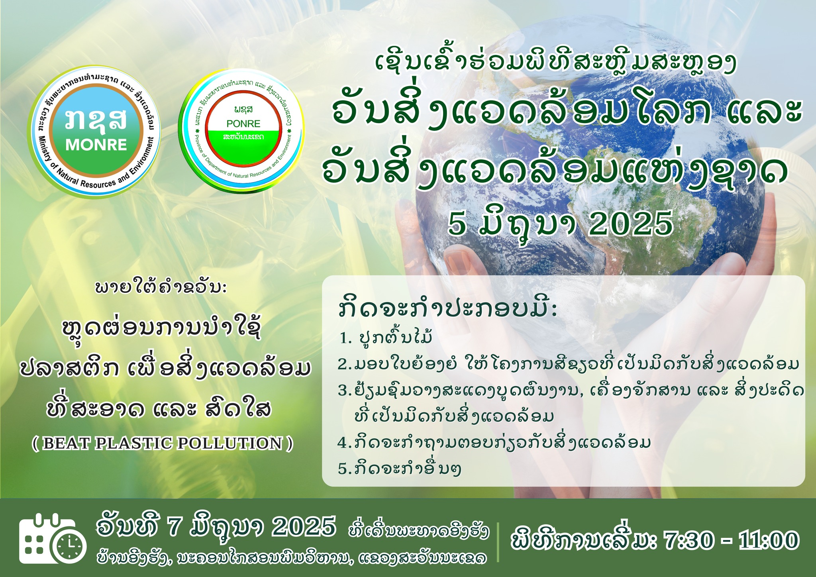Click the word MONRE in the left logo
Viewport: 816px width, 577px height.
[96, 145]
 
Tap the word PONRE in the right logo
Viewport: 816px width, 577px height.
[243, 124]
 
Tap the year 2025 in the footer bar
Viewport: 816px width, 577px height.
[304, 528]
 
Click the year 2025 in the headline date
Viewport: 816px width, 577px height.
[630, 224]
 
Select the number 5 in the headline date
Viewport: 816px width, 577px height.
[457, 224]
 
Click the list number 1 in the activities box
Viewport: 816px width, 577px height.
[344, 339]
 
